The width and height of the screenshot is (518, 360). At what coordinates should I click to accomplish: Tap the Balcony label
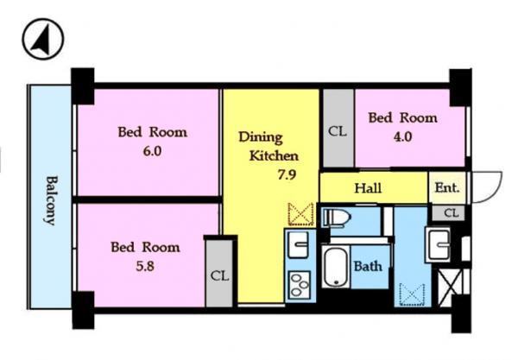51,199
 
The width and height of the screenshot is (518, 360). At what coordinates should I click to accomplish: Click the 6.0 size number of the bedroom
152,149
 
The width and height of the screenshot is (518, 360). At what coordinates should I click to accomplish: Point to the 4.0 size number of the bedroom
401,136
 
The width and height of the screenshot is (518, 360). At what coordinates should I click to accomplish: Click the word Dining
259,137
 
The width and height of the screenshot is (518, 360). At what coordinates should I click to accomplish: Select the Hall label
369,187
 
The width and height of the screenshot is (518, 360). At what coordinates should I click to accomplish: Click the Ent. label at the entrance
447,187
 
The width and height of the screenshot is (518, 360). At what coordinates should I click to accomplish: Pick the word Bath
368,266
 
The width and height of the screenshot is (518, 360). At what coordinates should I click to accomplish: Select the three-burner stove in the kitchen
300,282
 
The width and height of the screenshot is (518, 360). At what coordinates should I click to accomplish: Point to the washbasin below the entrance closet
440,245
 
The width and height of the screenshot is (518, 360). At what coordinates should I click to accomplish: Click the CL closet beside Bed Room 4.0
337,133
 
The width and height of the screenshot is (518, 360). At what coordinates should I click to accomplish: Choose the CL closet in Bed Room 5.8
219,275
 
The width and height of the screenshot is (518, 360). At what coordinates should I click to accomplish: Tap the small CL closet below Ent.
451,212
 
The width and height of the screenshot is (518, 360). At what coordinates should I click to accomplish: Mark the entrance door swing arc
488,186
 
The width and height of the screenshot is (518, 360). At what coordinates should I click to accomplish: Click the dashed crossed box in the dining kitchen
300,212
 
